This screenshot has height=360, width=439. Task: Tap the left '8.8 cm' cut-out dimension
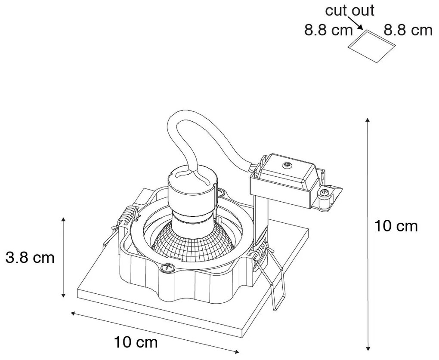pos(328,31)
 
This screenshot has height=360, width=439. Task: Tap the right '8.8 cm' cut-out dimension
pos(407,31)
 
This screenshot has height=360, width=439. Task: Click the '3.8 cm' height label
pos(30,258)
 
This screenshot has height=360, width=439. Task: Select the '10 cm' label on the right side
pos(396,226)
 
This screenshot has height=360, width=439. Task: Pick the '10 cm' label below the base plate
pos(136,343)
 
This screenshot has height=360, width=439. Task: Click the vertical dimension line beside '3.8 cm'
pos(63,258)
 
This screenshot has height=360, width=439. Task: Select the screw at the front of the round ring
pos(165,268)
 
